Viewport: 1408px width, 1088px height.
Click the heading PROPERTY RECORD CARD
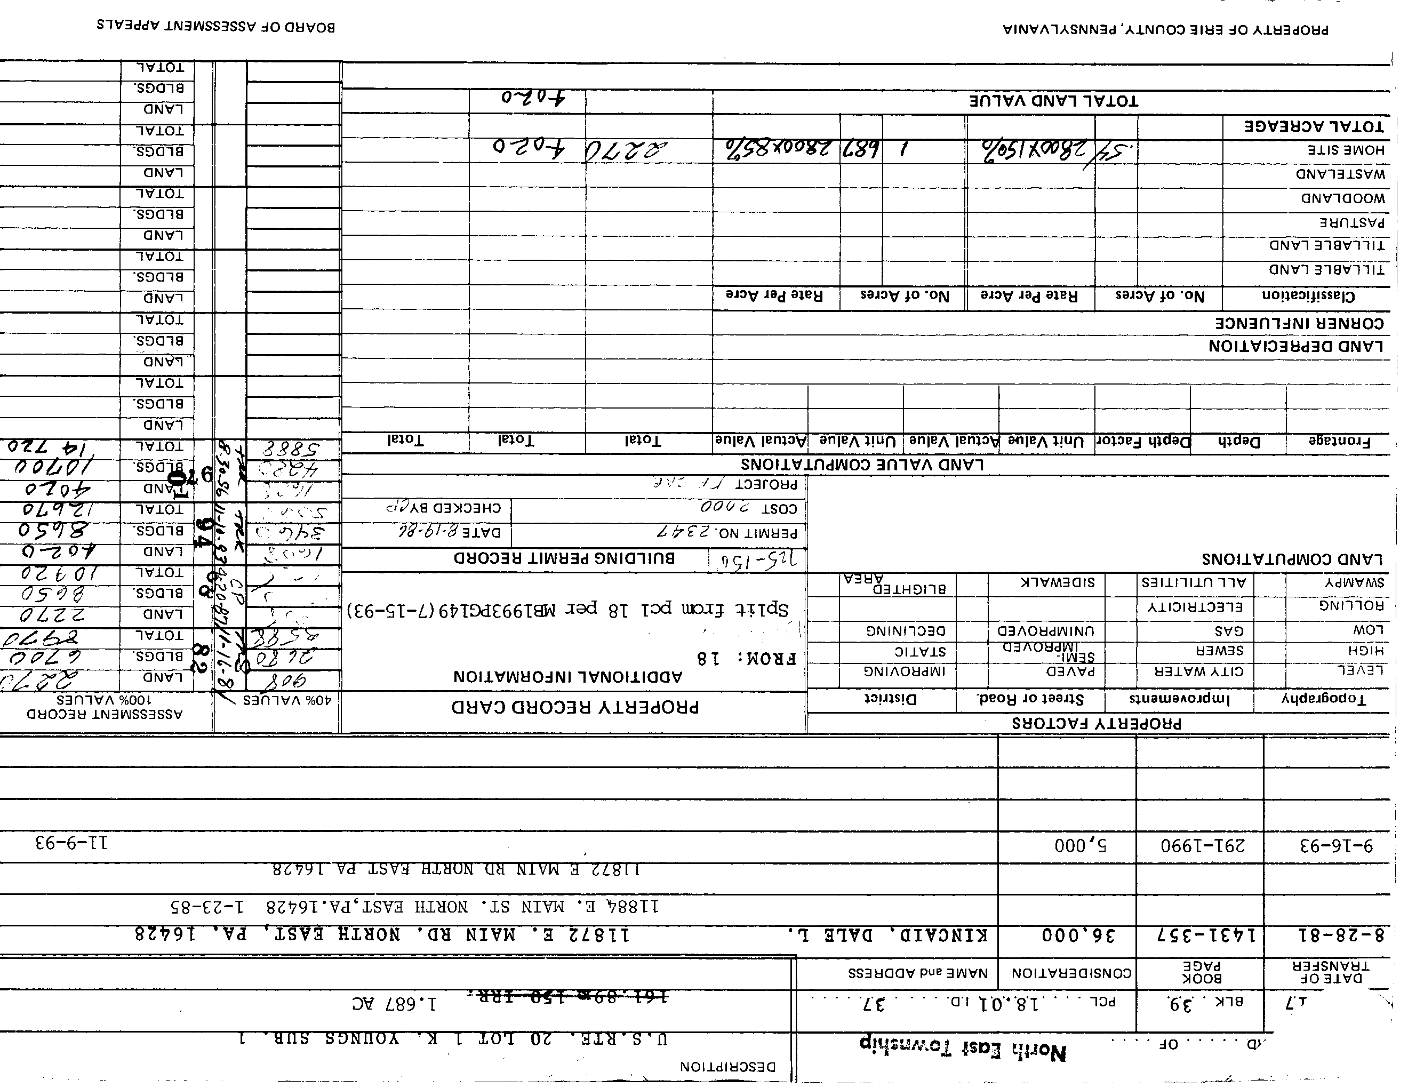click(x=574, y=707)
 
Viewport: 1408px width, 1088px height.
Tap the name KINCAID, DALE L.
click(x=888, y=934)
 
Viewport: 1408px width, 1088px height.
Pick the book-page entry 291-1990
click(x=1202, y=845)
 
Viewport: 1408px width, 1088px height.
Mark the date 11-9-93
click(x=71, y=843)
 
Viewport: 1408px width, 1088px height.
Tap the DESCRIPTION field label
click(x=727, y=1067)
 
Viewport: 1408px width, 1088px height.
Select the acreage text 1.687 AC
click(x=394, y=1004)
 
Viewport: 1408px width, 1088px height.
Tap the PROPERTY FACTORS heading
click(x=1096, y=724)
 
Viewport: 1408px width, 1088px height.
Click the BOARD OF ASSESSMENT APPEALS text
click(x=216, y=27)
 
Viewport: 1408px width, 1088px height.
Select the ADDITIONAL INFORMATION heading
click(x=567, y=677)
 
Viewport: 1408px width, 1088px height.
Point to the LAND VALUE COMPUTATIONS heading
click(x=862, y=465)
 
